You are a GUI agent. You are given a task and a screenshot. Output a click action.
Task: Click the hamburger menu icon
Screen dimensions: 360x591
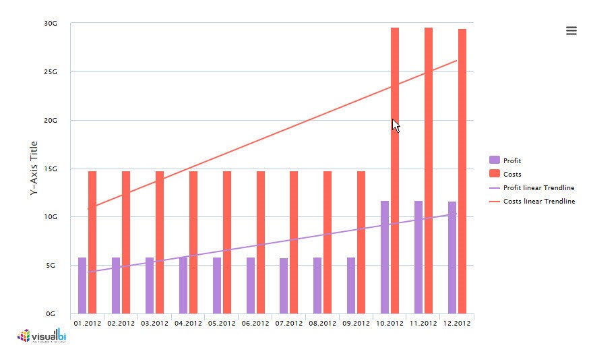click(571, 30)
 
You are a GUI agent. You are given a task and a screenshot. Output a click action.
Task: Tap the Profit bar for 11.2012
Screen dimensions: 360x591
click(418, 257)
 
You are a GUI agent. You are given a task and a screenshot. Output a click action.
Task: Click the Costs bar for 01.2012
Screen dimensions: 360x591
click(92, 242)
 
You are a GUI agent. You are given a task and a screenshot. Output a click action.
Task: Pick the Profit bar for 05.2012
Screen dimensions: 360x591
click(217, 285)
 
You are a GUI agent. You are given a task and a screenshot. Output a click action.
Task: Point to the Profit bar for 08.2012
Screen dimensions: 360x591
click(317, 285)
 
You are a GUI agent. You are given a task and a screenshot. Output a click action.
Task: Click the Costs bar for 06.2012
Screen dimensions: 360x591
click(261, 242)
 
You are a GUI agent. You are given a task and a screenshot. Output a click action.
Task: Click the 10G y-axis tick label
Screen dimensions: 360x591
click(51, 216)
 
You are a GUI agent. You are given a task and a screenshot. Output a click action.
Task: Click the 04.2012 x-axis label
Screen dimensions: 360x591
click(188, 324)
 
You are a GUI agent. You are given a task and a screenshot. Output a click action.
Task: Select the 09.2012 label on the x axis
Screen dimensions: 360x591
click(356, 324)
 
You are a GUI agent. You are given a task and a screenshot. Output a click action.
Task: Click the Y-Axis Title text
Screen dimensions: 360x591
click(34, 169)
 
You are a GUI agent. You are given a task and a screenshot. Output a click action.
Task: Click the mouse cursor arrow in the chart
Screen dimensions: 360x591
click(396, 125)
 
